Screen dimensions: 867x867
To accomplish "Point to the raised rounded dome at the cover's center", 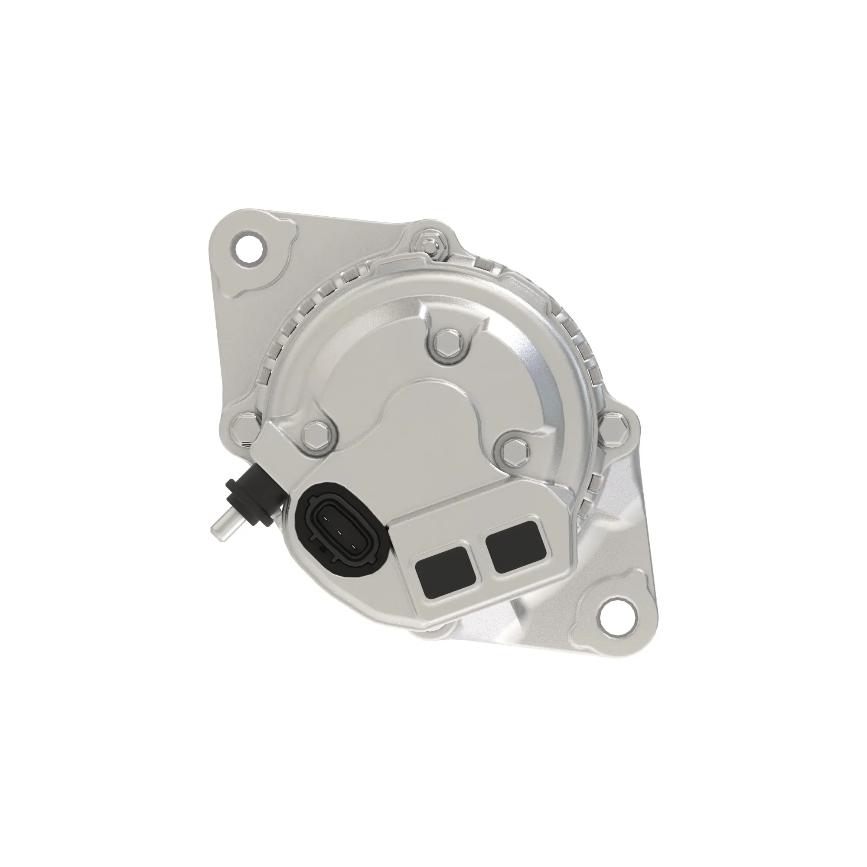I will pyautogui.click(x=431, y=404).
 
